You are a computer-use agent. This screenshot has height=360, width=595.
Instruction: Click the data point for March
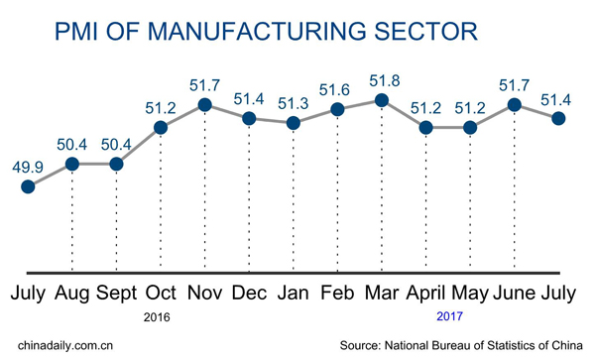382,99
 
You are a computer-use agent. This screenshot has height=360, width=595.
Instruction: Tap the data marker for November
204,104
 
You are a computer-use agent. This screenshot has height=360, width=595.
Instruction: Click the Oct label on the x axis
161,295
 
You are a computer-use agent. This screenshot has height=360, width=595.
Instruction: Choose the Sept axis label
116,295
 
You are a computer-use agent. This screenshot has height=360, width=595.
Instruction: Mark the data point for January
293,123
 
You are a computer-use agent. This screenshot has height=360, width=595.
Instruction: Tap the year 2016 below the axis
159,319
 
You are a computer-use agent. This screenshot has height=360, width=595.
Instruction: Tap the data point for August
72,163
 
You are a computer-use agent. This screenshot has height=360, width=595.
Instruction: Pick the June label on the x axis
515,295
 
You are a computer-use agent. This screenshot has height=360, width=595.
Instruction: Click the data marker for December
249,118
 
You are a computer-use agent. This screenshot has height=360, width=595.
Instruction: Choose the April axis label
425,295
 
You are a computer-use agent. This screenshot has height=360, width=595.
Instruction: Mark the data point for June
515,104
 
